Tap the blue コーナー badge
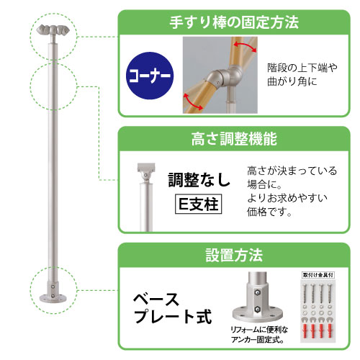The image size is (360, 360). point(150,76)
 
